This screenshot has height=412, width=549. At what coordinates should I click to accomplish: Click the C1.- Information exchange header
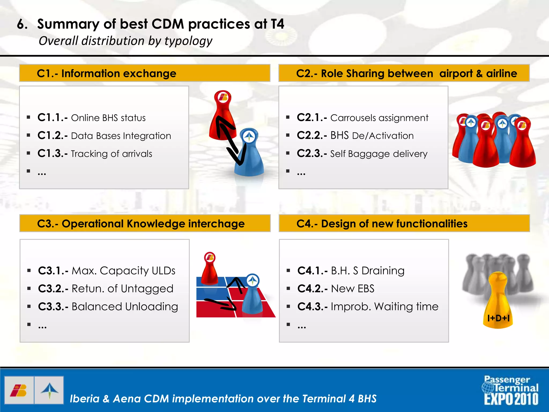click(145, 73)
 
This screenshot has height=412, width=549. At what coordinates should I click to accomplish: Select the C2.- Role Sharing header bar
click(404, 73)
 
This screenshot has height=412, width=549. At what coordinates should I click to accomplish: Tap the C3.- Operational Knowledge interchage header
click(145, 223)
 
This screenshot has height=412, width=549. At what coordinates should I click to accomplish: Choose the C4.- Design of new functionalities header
click(404, 223)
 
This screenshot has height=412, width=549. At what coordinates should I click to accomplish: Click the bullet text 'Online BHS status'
click(108, 118)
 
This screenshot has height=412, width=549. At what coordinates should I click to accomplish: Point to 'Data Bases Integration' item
click(121, 136)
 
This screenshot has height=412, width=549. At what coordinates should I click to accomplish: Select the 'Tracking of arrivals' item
click(112, 154)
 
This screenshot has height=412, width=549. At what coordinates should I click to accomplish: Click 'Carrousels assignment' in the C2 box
click(379, 118)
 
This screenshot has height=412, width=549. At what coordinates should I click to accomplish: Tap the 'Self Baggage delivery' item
click(379, 154)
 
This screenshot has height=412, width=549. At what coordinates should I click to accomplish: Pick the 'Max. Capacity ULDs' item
click(123, 271)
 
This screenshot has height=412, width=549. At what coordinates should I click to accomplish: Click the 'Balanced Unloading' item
click(125, 307)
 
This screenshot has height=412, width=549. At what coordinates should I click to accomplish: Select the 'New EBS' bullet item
click(353, 289)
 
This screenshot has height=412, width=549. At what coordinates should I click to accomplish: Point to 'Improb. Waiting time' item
click(384, 307)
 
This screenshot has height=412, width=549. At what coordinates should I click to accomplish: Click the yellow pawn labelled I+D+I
click(498, 303)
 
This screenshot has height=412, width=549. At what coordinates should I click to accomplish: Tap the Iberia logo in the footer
click(19, 390)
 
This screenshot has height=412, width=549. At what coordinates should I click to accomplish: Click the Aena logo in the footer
click(49, 390)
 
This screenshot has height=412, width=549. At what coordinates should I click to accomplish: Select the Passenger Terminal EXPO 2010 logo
click(511, 390)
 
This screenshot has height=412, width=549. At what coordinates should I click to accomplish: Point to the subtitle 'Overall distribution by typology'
click(125, 41)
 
